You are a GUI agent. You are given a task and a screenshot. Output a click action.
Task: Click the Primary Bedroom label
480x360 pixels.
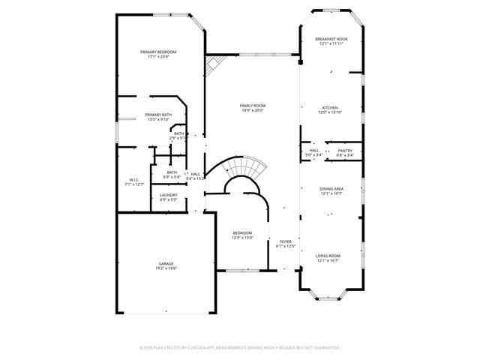coord(158,52)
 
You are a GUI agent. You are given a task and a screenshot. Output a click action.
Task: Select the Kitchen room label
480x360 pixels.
coord(331,107)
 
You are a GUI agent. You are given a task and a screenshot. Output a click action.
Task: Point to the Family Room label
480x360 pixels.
coord(252,106)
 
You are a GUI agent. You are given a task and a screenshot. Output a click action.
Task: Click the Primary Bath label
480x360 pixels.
coord(158,115)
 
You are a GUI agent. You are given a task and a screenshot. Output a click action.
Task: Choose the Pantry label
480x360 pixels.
coord(345,151)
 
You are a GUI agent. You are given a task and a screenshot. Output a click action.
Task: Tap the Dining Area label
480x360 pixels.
coord(331,189)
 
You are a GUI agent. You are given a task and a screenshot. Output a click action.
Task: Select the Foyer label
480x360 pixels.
coord(285,241)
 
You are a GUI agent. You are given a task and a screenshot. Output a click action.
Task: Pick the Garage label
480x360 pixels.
coord(166,263)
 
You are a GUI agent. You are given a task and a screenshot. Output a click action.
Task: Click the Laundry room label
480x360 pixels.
coord(168,195)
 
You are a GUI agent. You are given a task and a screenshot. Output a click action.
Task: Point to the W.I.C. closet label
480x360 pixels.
coord(134,180)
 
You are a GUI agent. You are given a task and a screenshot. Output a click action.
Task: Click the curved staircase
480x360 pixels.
coord(241,166)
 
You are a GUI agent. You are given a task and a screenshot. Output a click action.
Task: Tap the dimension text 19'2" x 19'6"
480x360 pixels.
coord(166,268)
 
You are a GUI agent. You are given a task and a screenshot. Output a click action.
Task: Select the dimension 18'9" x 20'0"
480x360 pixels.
coord(252,111)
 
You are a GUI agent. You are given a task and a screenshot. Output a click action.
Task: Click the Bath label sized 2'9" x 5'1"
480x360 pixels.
coord(178,133)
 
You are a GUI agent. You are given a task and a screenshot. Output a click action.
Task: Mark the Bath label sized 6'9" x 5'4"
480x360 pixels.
coord(172,172)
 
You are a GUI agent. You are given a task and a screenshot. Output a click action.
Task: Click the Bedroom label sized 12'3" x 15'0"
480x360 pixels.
coord(242,232)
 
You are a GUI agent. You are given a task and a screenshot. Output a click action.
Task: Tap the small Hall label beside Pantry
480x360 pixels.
coord(313,151)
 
